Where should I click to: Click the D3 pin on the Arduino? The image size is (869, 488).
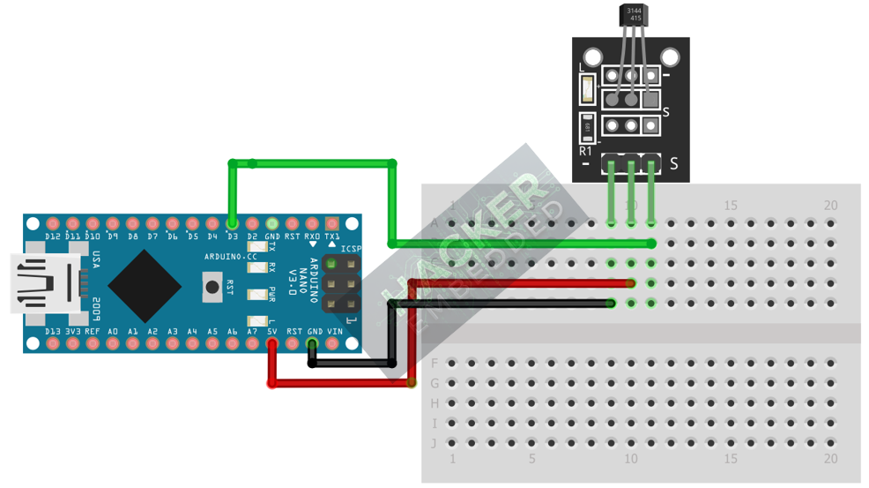tap(233, 223)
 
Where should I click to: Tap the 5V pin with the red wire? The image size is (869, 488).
tap(272, 343)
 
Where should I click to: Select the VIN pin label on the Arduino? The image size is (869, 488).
tap(335, 332)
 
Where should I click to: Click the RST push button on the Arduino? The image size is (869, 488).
tap(212, 285)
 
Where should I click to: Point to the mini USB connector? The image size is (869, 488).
tap(44, 283)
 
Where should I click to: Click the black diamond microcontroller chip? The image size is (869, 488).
tap(145, 285)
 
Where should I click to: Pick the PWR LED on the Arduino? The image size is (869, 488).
tap(257, 294)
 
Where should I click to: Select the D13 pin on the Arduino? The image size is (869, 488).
tap(52, 343)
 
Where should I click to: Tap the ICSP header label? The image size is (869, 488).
tap(351, 249)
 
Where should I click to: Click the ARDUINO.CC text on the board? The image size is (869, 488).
tap(230, 257)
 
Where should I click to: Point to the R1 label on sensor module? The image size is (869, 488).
tap(586, 152)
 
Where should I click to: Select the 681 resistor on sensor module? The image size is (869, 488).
tap(587, 127)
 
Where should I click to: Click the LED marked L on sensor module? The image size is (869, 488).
tap(587, 89)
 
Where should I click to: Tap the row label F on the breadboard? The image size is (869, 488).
tap(434, 363)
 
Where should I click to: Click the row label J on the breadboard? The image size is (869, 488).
tap(434, 443)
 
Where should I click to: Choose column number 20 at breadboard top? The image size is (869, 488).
tap(830, 206)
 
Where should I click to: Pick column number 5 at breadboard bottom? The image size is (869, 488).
tap(531, 459)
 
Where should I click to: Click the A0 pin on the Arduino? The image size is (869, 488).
tap(113, 343)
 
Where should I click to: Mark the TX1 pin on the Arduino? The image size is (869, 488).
tap(332, 224)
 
